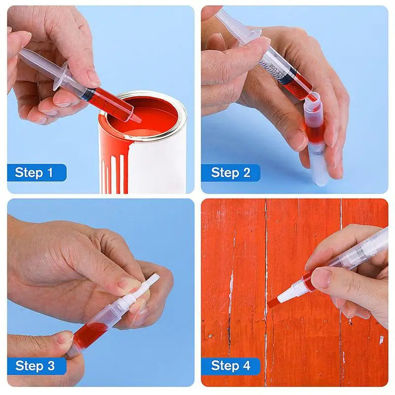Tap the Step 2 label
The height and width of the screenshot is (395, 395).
click(231, 173)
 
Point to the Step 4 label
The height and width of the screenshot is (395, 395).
click(231, 366)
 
